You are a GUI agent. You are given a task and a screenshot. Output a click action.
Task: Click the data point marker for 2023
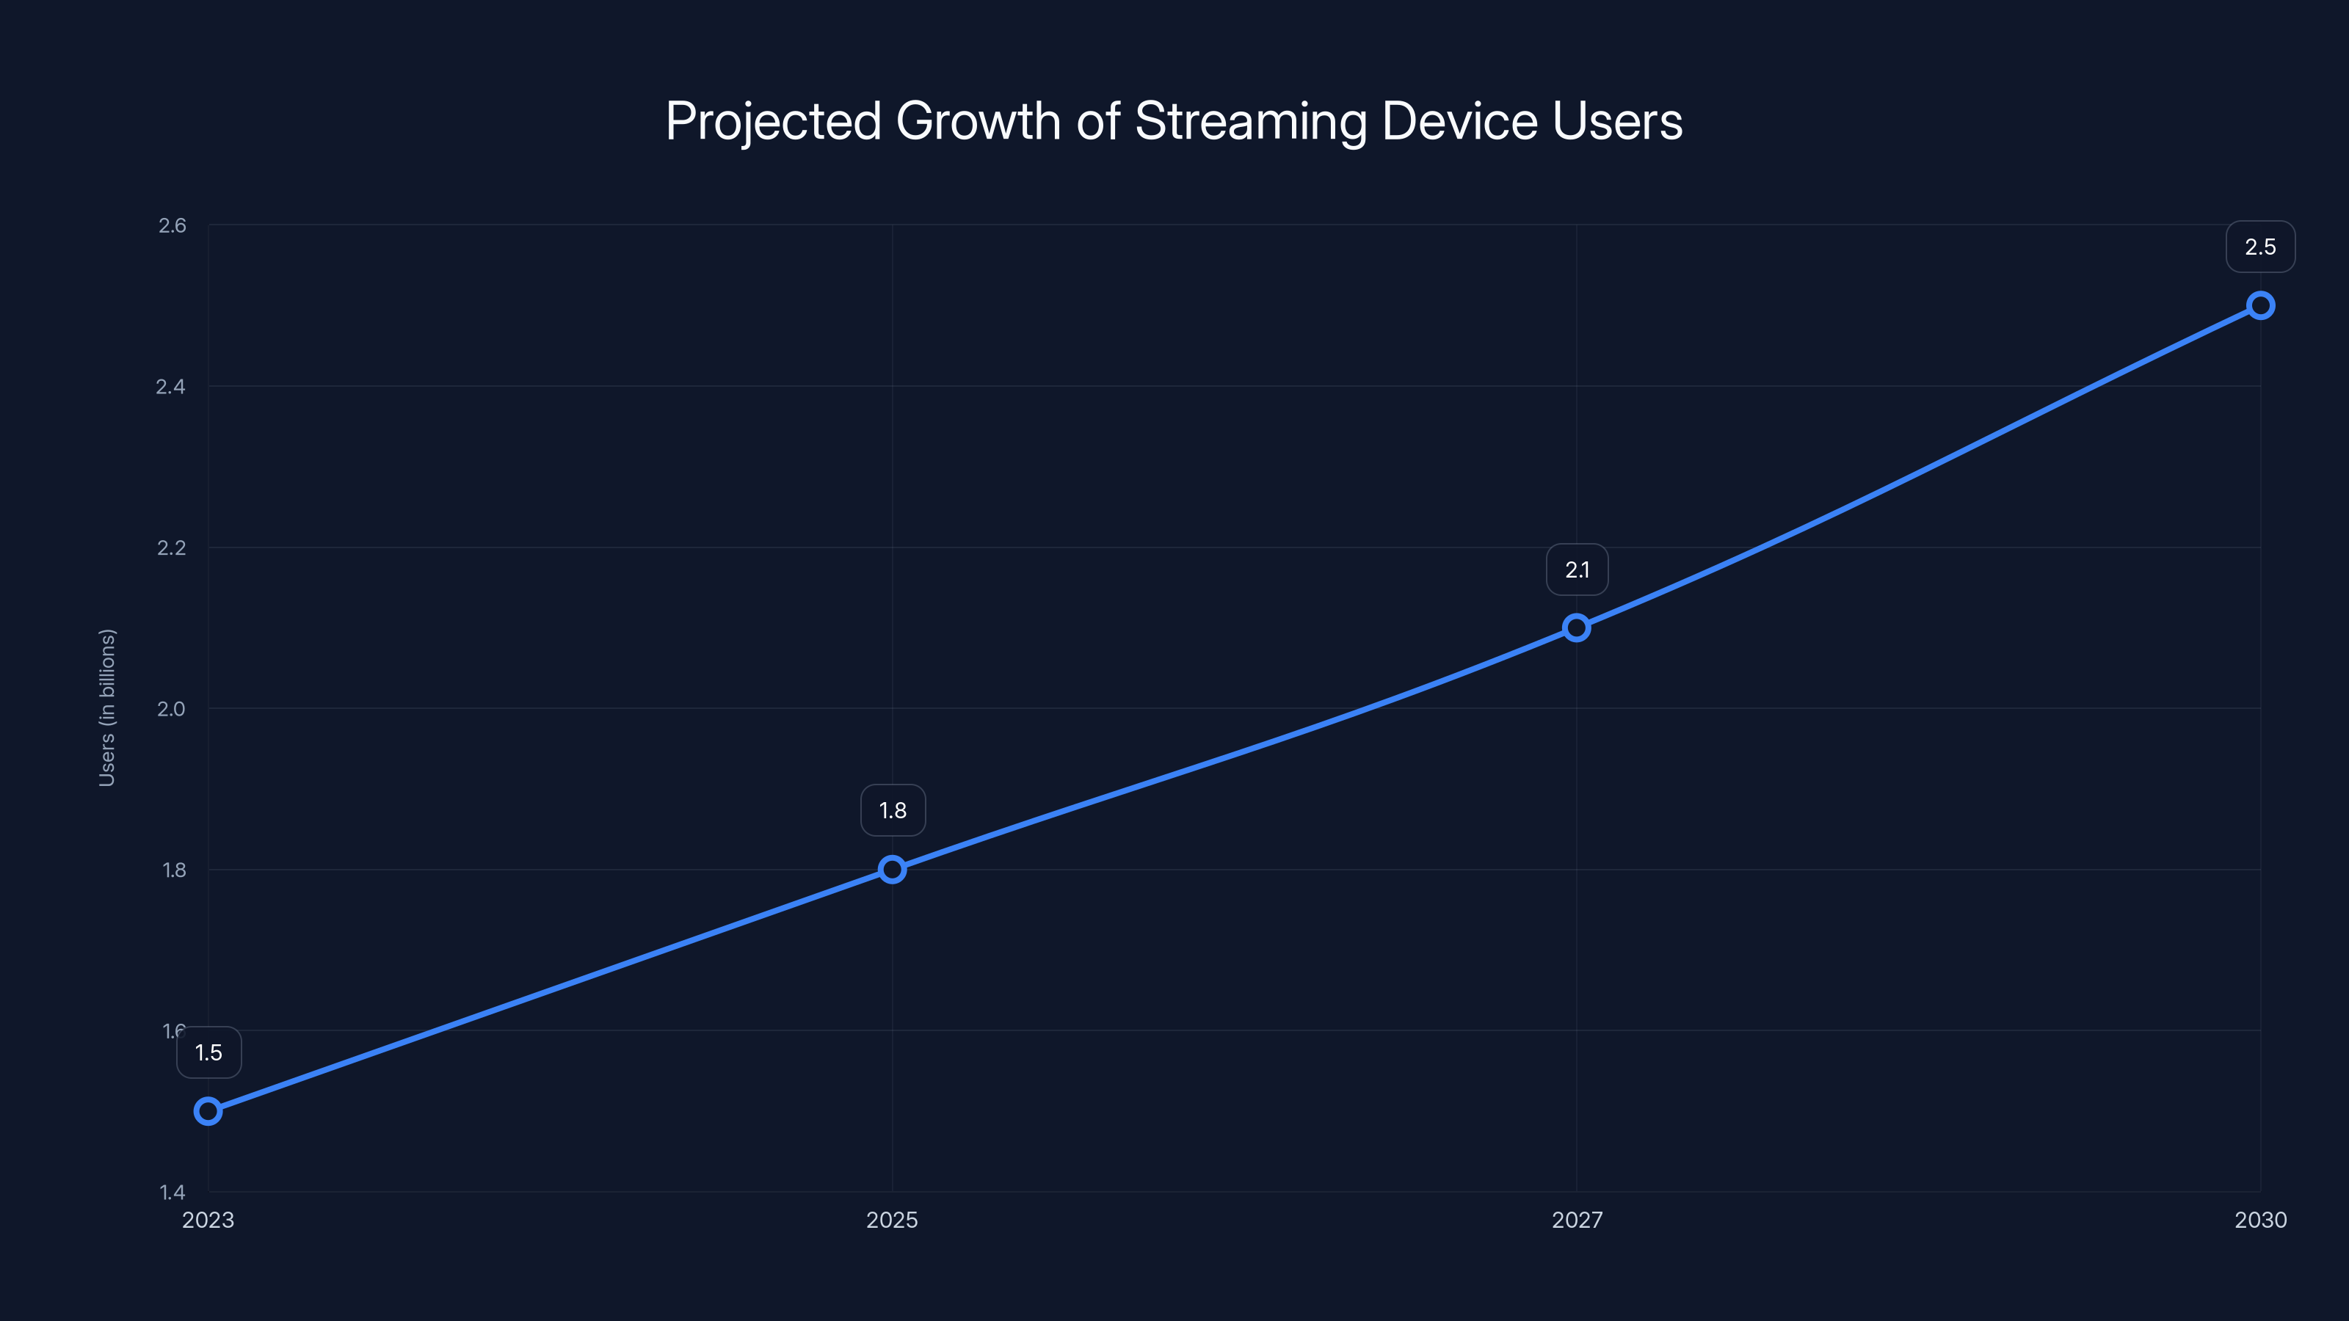208,1111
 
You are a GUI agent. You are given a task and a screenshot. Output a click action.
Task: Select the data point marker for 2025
892,869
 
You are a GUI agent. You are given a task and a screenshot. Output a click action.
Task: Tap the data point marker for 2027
1577,627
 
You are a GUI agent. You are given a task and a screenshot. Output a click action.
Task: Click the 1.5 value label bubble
208,1053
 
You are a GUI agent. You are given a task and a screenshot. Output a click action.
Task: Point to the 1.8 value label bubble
893,810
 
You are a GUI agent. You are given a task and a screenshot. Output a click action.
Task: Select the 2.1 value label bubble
1577,569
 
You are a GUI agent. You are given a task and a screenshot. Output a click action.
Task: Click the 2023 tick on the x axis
208,1220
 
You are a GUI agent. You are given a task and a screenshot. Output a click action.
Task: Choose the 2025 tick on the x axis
892,1220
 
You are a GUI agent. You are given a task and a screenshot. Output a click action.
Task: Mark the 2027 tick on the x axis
1577,1220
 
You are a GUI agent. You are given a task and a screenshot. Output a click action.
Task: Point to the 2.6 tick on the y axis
172,225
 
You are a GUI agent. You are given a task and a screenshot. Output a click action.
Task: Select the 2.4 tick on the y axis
170,387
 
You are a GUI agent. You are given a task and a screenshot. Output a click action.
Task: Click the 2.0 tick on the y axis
170,708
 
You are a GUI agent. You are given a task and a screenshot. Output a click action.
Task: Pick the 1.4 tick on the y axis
172,1192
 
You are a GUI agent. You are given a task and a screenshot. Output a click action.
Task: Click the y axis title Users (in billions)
106,707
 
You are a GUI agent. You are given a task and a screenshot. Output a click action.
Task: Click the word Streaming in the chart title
1250,121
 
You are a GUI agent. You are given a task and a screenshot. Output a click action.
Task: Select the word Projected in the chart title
773,121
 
